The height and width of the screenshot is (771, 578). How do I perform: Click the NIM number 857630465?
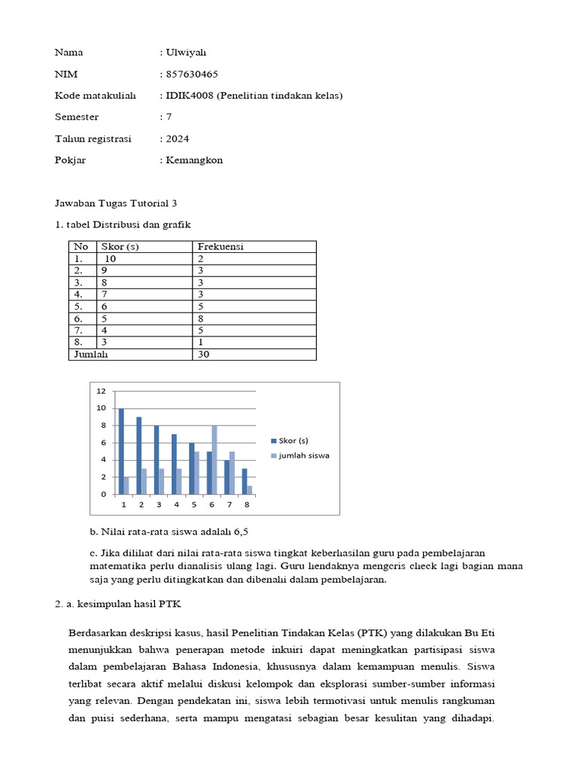click(x=192, y=75)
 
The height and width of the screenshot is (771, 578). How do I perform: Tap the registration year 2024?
click(x=178, y=139)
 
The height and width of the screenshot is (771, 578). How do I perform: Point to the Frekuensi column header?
click(x=220, y=246)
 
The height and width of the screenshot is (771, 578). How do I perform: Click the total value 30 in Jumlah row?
click(x=203, y=355)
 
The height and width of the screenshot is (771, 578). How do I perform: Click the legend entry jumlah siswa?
click(x=303, y=456)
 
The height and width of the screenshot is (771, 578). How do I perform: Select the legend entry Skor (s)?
click(x=293, y=440)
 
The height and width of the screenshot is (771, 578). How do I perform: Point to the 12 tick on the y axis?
click(x=101, y=392)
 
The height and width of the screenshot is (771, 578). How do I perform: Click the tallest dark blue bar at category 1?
click(x=120, y=451)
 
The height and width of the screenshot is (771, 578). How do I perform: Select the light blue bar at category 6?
click(x=214, y=460)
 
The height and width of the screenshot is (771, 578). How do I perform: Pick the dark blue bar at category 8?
click(x=244, y=481)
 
